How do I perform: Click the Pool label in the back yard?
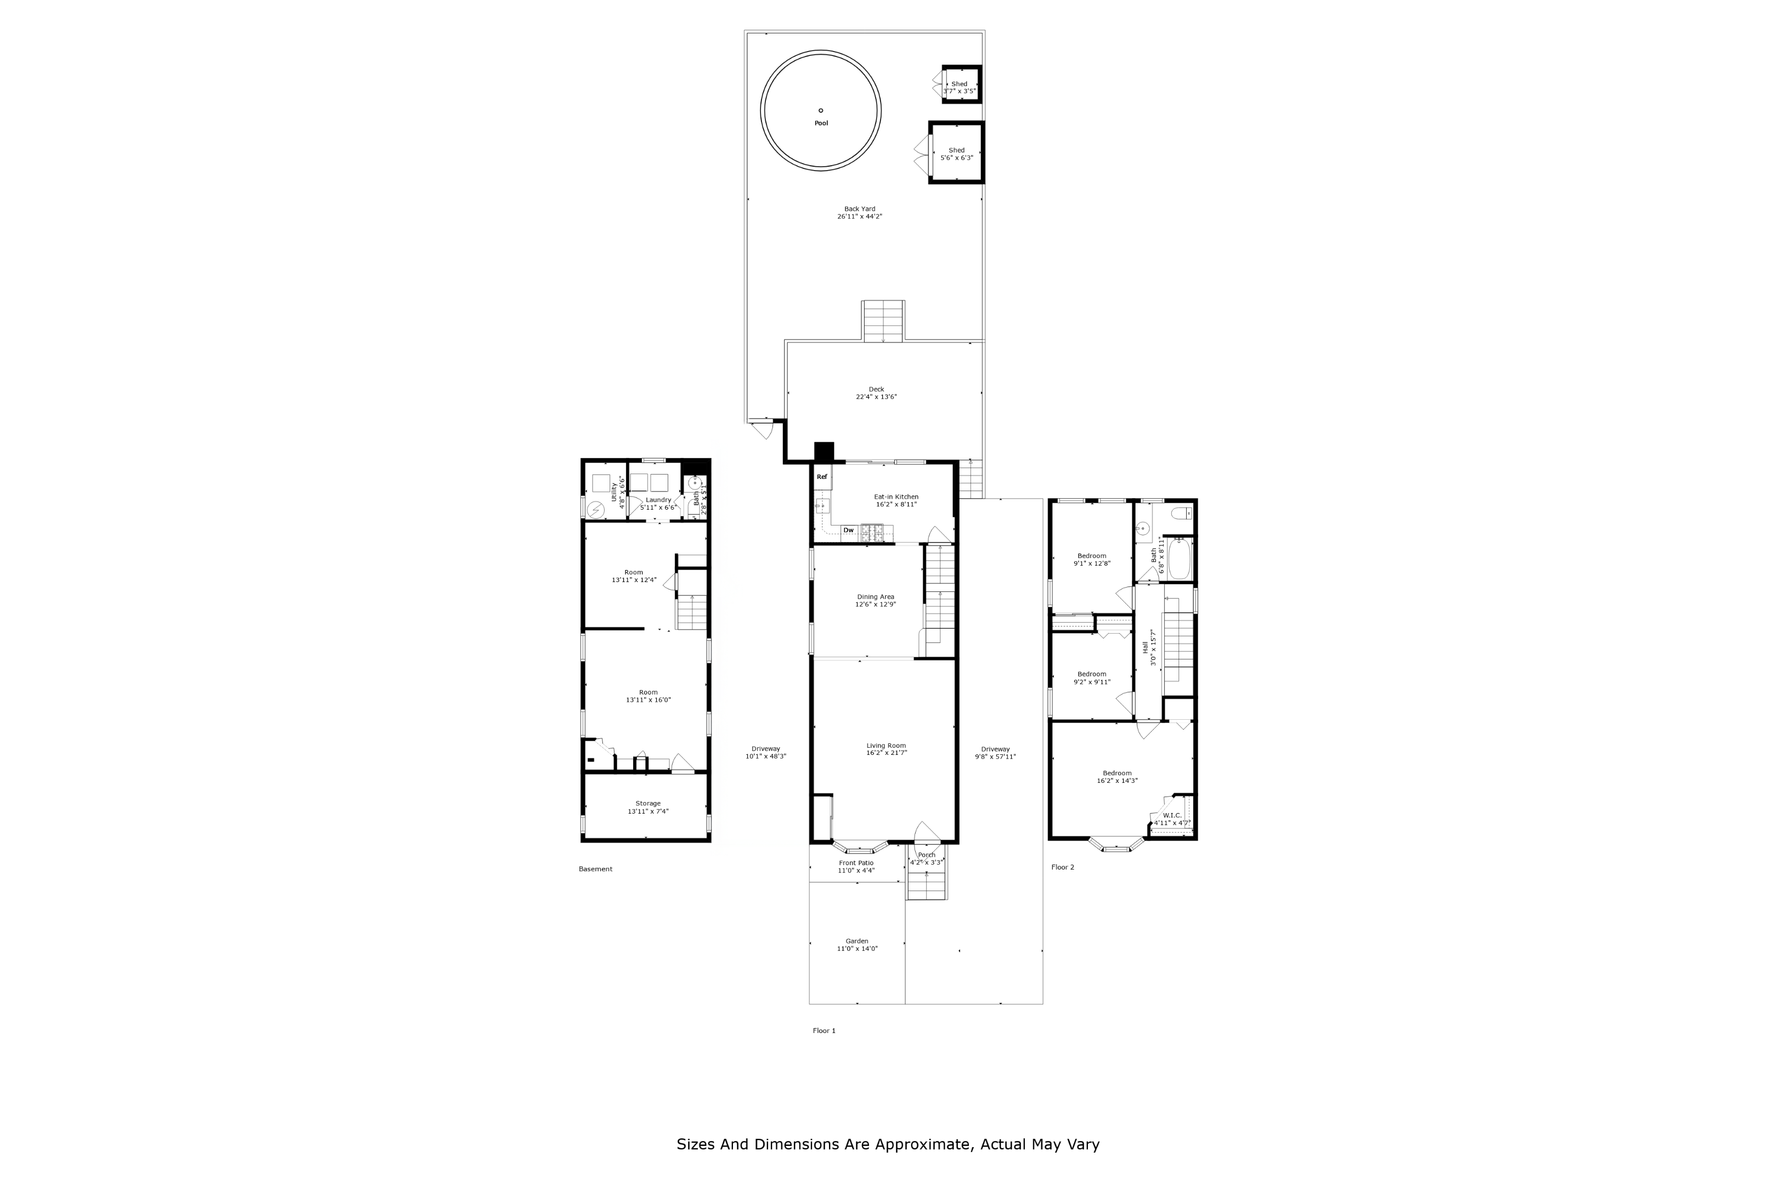[821, 123]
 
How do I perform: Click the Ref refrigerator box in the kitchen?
[822, 477]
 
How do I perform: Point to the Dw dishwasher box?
[849, 531]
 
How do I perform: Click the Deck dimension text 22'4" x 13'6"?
[876, 397]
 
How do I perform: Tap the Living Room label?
[885, 746]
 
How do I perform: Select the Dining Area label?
[875, 597]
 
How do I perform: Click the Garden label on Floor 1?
[857, 941]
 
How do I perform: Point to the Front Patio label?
[856, 863]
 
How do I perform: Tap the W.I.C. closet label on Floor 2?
[1172, 815]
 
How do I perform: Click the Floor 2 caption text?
[1062, 867]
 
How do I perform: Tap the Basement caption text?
[595, 869]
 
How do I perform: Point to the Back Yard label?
[859, 210]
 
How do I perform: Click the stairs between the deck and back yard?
[883, 321]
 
